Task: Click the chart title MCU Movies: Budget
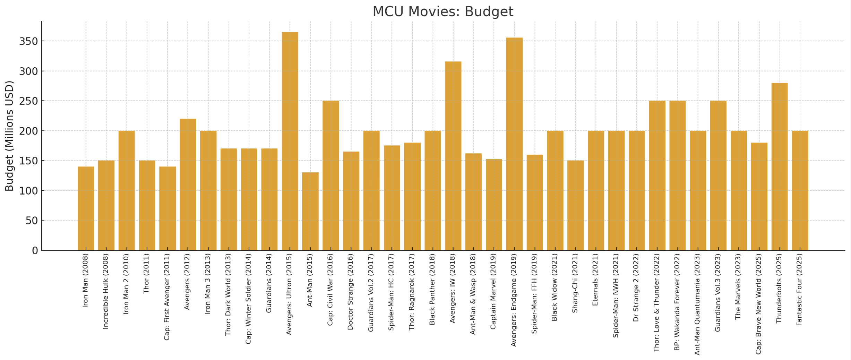click(x=442, y=11)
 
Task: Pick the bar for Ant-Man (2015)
click(x=310, y=211)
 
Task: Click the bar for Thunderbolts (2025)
click(x=780, y=166)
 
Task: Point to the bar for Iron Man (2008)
click(x=86, y=208)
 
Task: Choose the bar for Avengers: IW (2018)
click(x=453, y=156)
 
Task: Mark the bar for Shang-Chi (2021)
click(x=575, y=205)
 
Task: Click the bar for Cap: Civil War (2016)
click(x=330, y=175)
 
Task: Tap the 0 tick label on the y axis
click(x=35, y=250)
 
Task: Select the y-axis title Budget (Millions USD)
click(x=9, y=136)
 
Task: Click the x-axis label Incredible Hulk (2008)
click(x=106, y=291)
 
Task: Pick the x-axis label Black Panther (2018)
click(x=432, y=289)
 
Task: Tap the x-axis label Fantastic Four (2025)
click(x=799, y=290)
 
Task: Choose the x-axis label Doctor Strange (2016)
click(x=350, y=292)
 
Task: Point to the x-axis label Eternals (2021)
click(x=595, y=280)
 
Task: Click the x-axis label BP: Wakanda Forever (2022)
click(x=677, y=302)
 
